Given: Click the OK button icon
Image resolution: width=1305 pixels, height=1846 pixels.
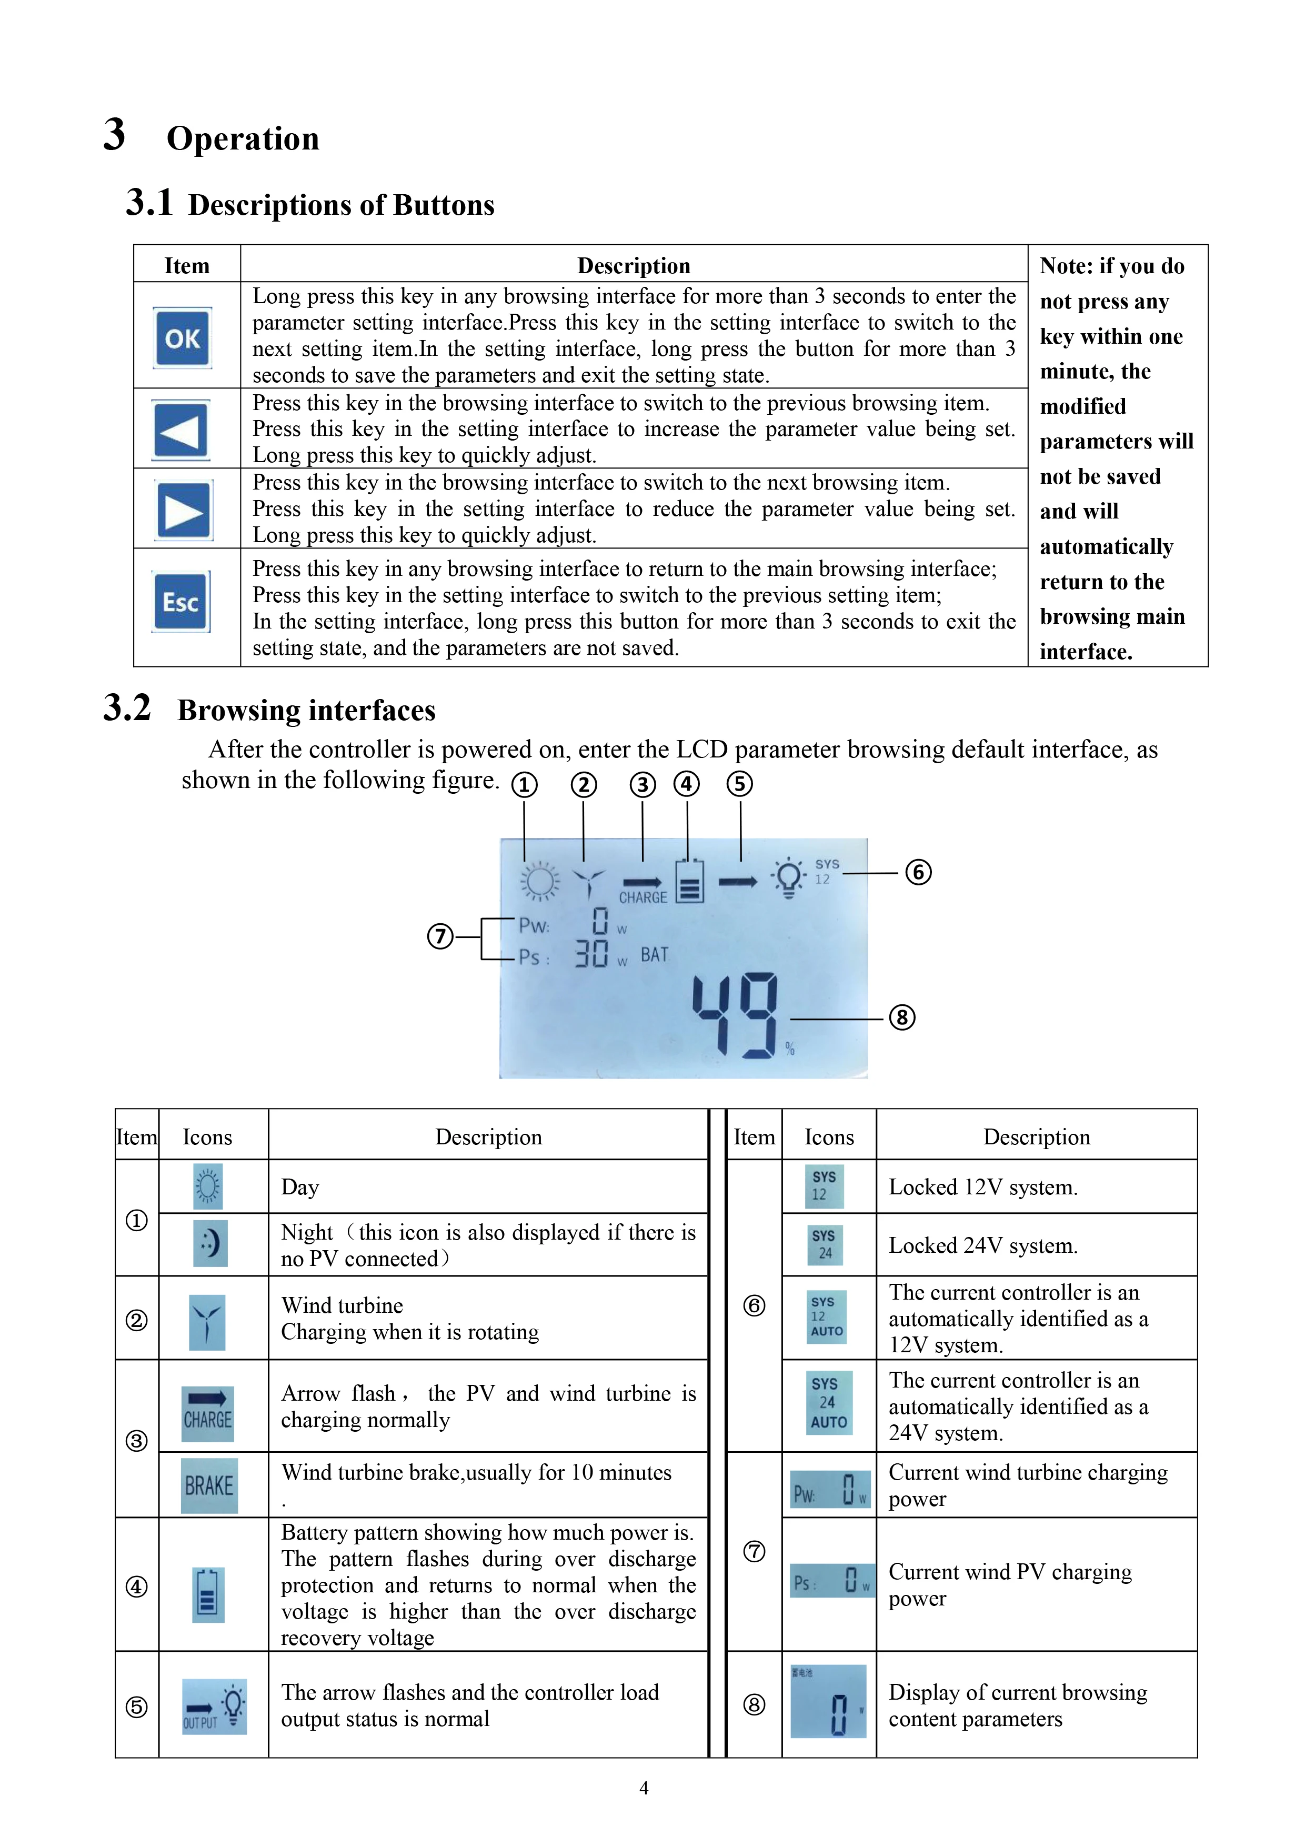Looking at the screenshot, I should click(x=183, y=338).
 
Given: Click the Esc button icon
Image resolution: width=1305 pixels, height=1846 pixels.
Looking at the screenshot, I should click(x=181, y=602).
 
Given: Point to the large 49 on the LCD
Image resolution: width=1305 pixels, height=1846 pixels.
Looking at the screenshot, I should click(x=735, y=1015).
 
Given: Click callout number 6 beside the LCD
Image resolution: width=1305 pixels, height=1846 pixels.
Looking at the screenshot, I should click(x=918, y=872).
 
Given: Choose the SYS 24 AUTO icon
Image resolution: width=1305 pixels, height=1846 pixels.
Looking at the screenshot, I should click(x=828, y=1403).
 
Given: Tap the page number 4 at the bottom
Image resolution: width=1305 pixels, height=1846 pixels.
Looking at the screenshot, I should click(x=644, y=1787).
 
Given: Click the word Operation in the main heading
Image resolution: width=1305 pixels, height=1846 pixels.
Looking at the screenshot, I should click(x=243, y=138).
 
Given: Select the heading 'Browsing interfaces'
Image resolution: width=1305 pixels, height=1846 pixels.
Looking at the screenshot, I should click(x=306, y=711).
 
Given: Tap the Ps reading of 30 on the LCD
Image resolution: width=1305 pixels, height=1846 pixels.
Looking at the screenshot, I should click(x=592, y=954).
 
